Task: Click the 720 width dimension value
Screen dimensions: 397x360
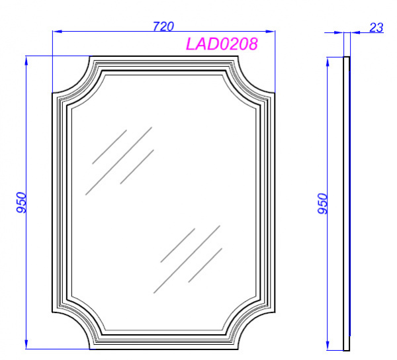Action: (163, 26)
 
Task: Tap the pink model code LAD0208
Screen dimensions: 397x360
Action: (222, 44)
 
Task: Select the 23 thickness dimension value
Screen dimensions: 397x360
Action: (376, 28)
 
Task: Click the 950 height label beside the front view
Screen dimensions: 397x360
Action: (21, 202)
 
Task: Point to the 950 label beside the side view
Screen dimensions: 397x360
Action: (323, 204)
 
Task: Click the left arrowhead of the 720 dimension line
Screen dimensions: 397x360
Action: (57, 31)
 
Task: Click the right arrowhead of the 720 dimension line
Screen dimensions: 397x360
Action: (270, 31)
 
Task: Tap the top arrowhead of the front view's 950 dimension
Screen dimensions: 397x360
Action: (26, 61)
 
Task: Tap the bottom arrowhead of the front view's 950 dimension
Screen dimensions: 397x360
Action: (26, 344)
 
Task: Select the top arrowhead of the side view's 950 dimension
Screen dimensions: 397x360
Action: (328, 62)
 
